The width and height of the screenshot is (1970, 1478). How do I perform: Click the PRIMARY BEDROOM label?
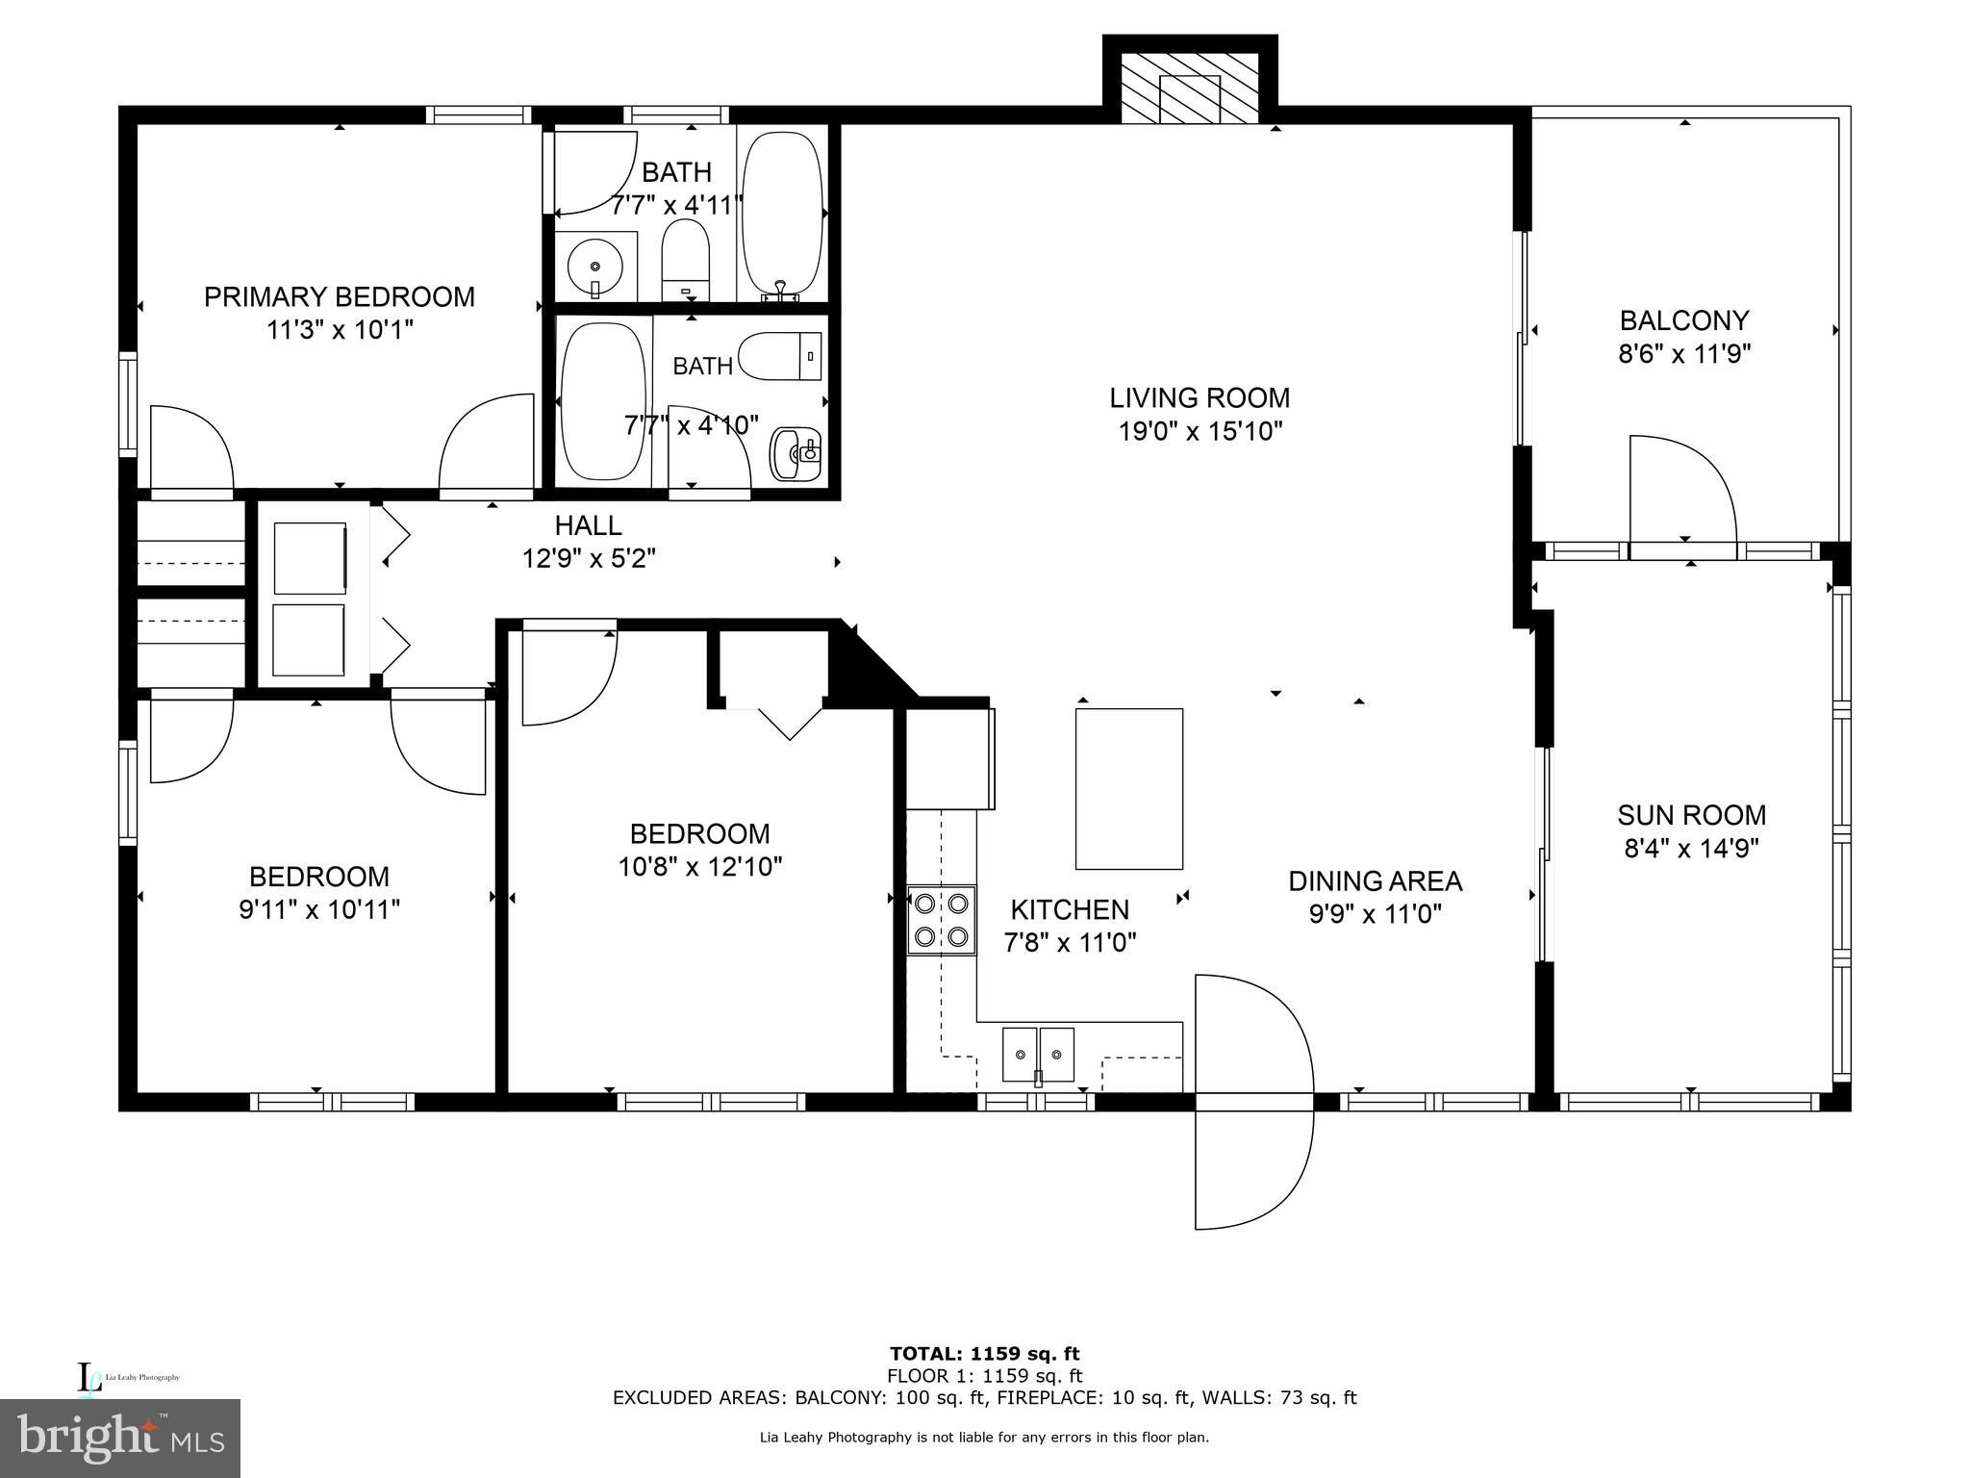340,296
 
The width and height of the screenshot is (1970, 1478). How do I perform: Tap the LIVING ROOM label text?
1200,397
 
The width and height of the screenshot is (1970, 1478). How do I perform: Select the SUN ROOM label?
1692,815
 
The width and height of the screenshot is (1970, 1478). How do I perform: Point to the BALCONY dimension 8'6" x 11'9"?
1684,354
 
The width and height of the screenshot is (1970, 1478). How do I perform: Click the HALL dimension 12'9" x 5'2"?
589,558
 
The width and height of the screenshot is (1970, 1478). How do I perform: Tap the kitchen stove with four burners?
942,919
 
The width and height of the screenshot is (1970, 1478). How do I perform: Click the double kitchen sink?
1038,1055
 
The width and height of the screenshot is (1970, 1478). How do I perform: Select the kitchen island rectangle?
1129,789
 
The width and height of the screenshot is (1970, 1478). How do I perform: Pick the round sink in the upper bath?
595,265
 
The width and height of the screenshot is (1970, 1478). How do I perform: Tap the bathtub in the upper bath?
784,214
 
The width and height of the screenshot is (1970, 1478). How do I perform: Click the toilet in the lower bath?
782,356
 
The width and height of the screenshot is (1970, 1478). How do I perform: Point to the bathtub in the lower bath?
604,402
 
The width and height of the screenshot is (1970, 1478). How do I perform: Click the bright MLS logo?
120,1439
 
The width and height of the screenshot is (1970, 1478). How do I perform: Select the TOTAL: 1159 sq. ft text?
985,1354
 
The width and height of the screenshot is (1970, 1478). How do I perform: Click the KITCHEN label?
1070,909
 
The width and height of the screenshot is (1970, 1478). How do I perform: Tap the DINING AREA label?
1375,880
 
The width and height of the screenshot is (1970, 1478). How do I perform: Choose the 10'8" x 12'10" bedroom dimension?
700,867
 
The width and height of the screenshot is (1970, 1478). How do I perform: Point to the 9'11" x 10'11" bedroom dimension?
319,909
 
